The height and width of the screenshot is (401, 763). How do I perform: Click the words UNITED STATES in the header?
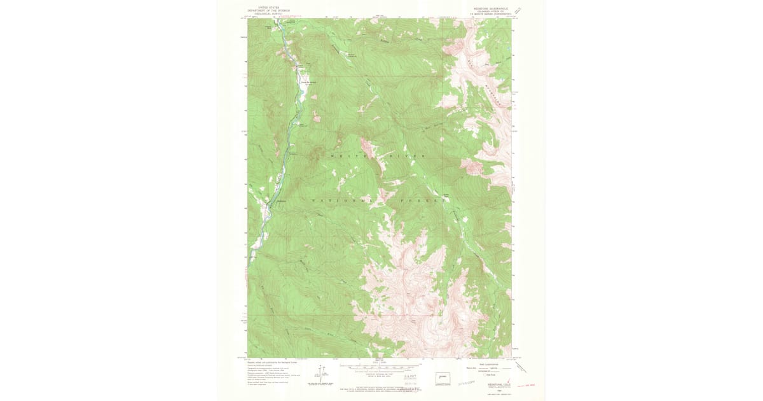[x=268, y=8]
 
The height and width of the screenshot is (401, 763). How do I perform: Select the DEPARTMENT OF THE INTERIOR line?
[x=268, y=11]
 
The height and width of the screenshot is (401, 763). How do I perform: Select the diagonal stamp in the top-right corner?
[x=518, y=11]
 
